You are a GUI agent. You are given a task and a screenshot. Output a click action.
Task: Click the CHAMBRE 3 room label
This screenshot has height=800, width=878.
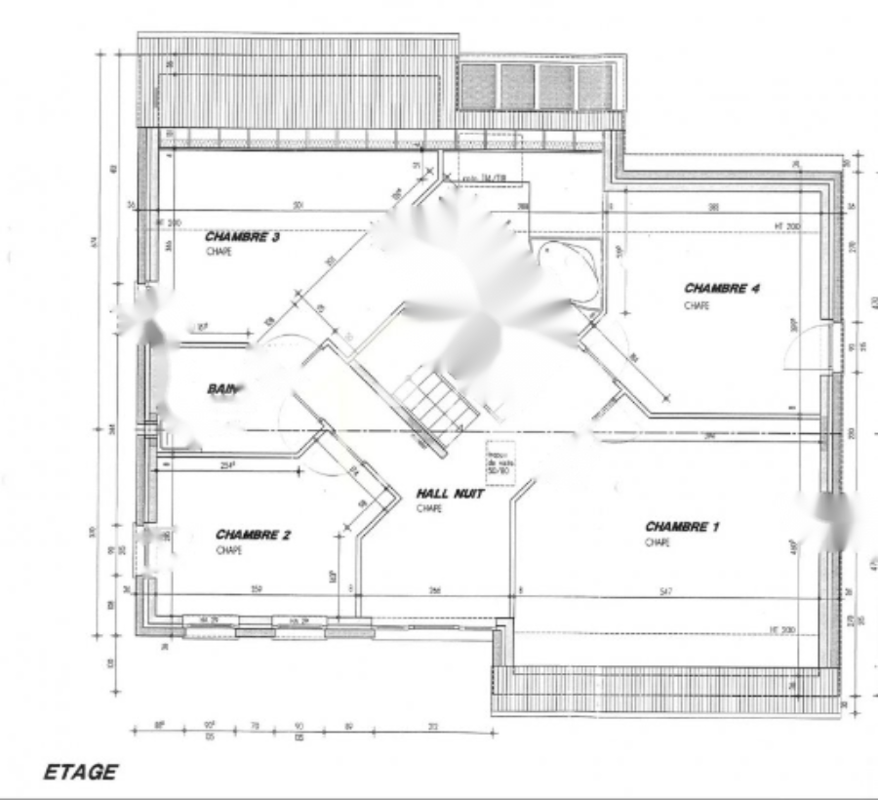(243, 237)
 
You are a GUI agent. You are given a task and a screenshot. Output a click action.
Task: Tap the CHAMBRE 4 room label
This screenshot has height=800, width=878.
(722, 288)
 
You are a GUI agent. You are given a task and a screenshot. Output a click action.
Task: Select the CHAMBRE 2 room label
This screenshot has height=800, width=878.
(254, 535)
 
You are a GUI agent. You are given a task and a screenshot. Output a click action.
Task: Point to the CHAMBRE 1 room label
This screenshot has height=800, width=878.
(682, 527)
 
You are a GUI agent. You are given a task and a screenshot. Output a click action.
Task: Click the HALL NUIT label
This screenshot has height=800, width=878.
(450, 494)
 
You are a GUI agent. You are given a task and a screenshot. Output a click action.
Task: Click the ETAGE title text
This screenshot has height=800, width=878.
(80, 772)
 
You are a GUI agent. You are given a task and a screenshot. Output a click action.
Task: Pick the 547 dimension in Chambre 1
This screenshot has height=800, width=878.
(666, 591)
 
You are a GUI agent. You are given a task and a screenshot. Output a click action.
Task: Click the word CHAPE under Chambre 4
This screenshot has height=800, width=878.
(697, 305)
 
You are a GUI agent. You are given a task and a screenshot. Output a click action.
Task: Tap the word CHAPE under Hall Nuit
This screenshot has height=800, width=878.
(428, 508)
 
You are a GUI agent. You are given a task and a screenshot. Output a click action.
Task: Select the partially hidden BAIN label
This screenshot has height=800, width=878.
(222, 389)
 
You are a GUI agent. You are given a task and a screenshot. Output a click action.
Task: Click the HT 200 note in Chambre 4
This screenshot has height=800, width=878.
(786, 226)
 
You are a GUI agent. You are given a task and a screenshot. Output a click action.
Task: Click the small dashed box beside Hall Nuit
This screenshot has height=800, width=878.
(499, 459)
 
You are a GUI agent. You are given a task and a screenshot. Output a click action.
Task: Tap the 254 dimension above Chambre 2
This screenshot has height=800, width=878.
(227, 466)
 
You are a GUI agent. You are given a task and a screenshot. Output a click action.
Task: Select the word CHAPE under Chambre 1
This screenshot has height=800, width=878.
(657, 542)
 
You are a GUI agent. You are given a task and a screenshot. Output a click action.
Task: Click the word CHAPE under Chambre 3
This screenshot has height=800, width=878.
(219, 252)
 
